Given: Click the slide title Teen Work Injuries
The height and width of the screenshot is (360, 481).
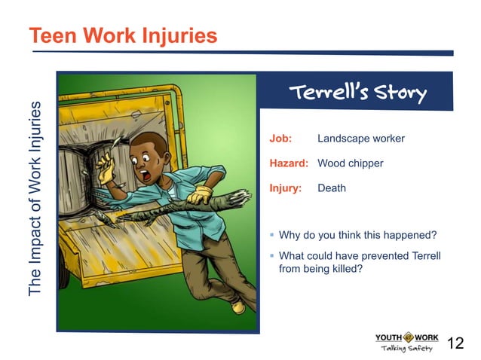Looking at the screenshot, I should click(123, 35).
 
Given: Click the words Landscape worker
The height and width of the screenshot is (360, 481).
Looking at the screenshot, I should click(361, 139).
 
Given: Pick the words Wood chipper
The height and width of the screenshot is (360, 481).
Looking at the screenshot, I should click(351, 163).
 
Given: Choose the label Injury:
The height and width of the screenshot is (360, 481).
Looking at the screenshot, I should click(286, 188).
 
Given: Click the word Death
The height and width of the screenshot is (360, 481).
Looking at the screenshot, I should click(332, 188).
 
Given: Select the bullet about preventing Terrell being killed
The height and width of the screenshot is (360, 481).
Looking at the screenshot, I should click(358, 262).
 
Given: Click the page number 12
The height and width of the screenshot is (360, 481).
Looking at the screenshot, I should click(455, 343).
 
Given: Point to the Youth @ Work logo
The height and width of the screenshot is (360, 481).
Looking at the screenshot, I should click(407, 341).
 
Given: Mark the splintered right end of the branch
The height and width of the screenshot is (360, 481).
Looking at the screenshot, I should click(241, 197).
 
